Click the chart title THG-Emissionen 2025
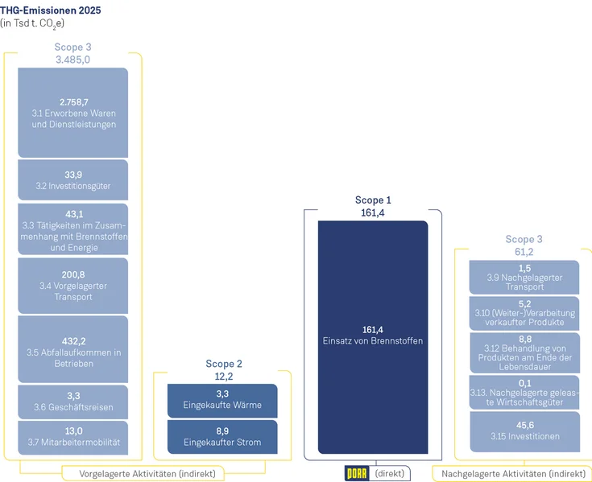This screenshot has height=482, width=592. coord(51,10)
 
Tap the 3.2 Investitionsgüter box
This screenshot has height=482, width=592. coord(72,179)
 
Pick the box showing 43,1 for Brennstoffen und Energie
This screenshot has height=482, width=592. coord(72,229)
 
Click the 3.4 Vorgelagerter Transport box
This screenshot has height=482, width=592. coord(72,286)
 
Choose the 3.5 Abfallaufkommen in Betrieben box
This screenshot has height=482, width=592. coord(72,348)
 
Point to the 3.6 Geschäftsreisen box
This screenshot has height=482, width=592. coord(72,402)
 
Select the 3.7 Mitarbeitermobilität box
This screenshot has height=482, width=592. coord(72,437)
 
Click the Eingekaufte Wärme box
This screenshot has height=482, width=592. coord(222,400)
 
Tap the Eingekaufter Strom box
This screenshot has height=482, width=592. coord(222,437)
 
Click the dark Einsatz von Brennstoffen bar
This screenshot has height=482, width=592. coord(373,336)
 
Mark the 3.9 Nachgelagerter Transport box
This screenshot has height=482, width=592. coord(524,277)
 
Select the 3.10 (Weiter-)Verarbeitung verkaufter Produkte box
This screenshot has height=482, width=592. coord(524,312)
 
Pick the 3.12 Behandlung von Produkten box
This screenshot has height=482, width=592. coord(524,352)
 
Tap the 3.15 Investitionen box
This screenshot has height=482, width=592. coord(524,431)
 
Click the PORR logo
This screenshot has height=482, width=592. coord(357,473)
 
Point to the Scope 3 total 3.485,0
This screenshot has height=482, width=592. coord(72,60)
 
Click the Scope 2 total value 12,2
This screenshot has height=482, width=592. coord(222,376)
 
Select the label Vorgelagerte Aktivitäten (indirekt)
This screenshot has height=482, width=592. coord(152,473)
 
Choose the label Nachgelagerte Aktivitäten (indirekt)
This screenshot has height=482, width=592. coord(514,473)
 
